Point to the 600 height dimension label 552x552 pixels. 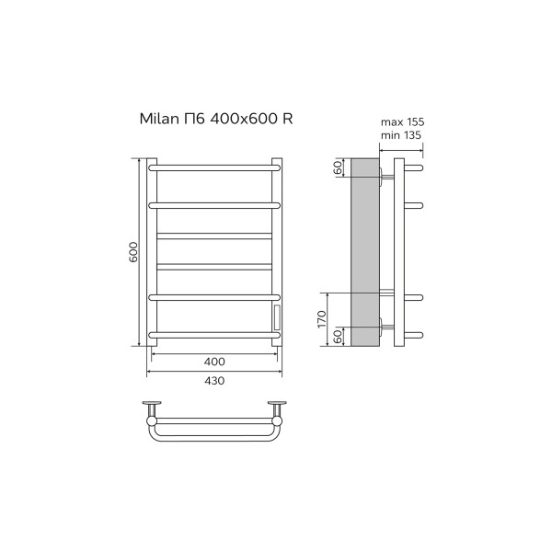coord(133,253)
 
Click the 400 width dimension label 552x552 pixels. coord(214,362)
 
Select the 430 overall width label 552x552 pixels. coord(213,380)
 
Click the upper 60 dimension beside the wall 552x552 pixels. coord(339,167)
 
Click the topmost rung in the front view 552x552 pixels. coord(213,168)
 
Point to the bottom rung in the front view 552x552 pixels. coord(213,332)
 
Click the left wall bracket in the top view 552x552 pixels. coord(152,406)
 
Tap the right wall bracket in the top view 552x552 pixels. coord(276,406)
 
